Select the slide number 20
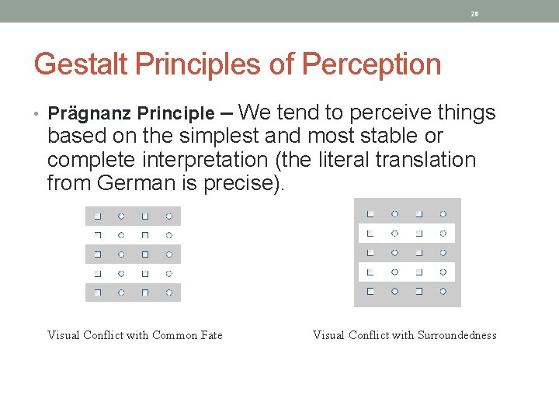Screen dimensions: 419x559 tap(475, 14)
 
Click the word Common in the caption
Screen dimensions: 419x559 tap(174, 335)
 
